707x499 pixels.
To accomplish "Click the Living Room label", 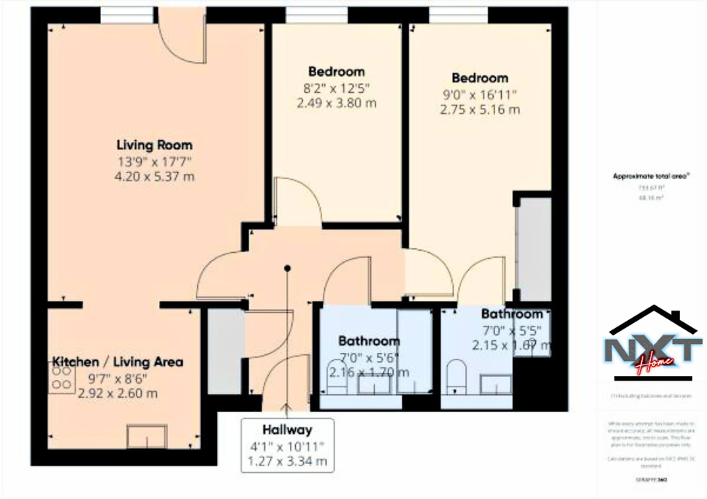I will (154, 145).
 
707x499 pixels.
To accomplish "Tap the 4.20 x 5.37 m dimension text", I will (154, 176).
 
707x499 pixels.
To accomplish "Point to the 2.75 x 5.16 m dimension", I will (480, 110).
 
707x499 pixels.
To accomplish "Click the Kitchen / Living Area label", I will (118, 362).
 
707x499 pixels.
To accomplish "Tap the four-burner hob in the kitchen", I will (62, 377).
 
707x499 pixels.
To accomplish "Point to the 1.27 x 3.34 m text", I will (287, 461).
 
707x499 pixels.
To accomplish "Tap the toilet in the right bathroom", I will (456, 373).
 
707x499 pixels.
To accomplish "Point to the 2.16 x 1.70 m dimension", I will (368, 373).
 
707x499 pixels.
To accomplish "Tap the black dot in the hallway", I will (288, 268).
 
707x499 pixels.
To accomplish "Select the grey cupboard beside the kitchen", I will (225, 351).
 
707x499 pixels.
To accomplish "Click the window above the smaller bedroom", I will (316, 15).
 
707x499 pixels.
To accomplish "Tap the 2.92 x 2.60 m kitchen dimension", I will (118, 393).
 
